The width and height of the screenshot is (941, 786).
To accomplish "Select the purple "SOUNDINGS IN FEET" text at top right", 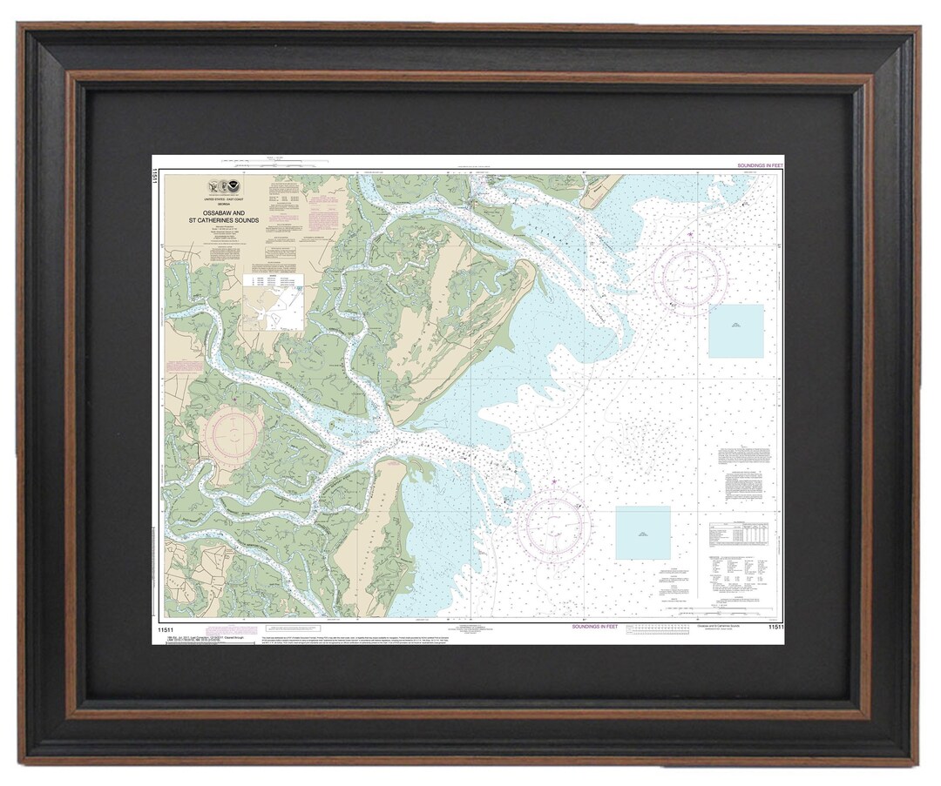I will pos(760,165).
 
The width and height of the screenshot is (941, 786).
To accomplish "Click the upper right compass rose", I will pos(690,277).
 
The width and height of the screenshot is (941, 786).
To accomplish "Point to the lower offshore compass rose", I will pos(553,524).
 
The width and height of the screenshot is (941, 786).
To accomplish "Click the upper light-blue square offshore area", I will pos(735,331).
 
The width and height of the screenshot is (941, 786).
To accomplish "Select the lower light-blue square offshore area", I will pos(643,533).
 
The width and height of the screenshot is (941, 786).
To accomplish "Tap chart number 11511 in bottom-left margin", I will pos(166,626).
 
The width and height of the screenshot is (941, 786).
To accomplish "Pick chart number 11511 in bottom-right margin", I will pos(776,627).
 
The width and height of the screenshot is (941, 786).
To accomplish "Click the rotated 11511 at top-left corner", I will pos(157,179).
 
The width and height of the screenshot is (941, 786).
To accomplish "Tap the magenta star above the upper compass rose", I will pos(691,234).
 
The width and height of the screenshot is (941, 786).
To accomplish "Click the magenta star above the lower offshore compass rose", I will pos(553,481).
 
